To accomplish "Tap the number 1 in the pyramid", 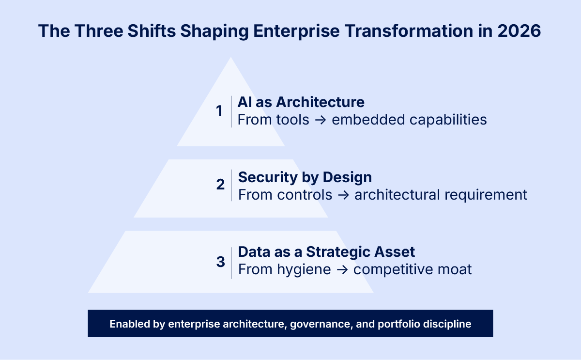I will [219, 111].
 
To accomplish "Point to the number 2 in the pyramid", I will [220, 185].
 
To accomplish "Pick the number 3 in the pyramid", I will [220, 262].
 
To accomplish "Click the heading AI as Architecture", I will [301, 102].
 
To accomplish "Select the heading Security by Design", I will [305, 177].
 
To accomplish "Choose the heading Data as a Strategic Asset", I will [327, 252].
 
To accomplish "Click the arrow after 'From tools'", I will [320, 120].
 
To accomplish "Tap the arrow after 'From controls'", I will [343, 195].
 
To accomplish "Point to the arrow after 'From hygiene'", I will [342, 269].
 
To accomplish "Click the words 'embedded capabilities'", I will [409, 120].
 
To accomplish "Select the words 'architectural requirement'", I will [441, 195].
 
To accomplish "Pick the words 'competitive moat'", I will [413, 269].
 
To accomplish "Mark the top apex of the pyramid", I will [231, 58].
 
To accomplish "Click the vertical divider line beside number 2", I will [231, 185].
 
